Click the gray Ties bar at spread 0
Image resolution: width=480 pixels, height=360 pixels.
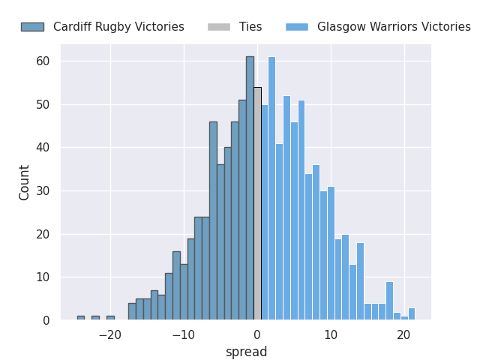[x=257, y=203]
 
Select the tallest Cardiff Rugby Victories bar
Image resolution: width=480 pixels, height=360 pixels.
[x=250, y=188]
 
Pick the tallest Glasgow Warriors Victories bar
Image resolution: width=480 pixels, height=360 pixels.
[x=271, y=188]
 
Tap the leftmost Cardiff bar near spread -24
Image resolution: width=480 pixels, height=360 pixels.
[x=81, y=318]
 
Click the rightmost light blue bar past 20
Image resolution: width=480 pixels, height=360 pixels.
[x=412, y=313]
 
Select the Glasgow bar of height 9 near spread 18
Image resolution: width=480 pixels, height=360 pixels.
[x=389, y=301]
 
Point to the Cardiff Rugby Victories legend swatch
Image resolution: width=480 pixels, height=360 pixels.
[x=32, y=27]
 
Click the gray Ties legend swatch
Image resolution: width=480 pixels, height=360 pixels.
[x=219, y=27]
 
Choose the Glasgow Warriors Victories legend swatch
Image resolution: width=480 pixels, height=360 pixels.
[x=297, y=27]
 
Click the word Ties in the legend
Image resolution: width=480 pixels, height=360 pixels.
[x=250, y=27]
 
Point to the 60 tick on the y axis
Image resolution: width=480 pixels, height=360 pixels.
[x=43, y=61]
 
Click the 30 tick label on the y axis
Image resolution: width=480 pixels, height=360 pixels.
[x=43, y=191]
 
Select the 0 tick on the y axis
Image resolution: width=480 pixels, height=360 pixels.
[x=46, y=320]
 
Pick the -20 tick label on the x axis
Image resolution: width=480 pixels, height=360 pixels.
[x=110, y=335]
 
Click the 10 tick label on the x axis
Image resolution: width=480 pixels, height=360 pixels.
[x=331, y=335]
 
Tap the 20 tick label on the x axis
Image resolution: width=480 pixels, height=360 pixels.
[x=403, y=335]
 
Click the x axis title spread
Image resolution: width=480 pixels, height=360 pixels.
[x=247, y=352]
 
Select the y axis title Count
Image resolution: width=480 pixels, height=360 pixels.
[x=23, y=183]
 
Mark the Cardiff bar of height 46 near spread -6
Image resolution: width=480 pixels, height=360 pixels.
[x=213, y=220]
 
